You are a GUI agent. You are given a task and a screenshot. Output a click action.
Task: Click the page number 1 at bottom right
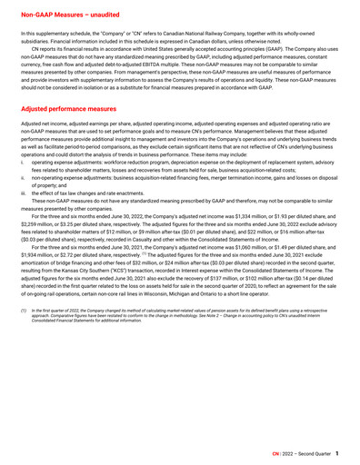[x=337, y=451]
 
